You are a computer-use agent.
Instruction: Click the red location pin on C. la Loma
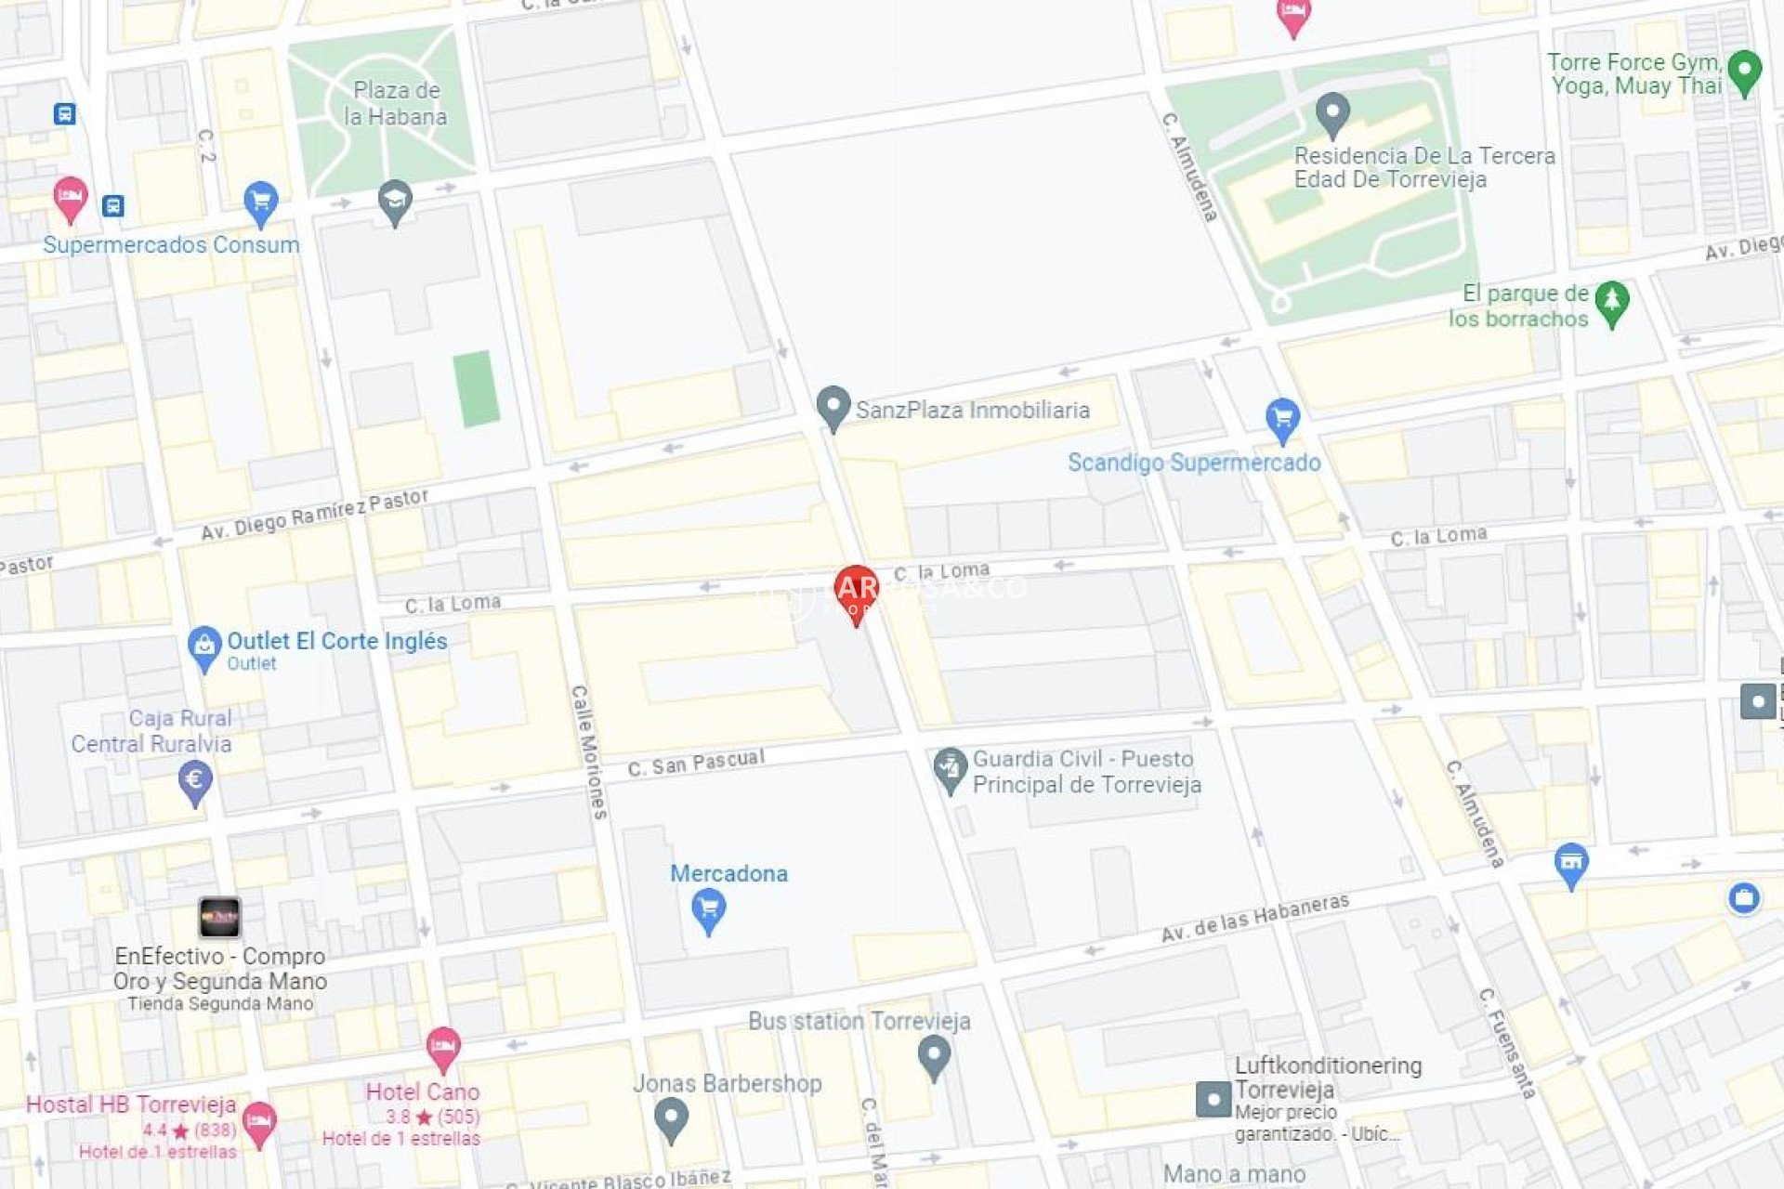click(x=856, y=591)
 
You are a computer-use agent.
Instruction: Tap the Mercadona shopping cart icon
click(x=708, y=908)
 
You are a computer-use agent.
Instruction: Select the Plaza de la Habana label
click(x=396, y=103)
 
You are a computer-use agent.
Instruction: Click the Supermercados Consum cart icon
click(x=261, y=202)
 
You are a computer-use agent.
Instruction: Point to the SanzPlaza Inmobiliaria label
click(x=972, y=410)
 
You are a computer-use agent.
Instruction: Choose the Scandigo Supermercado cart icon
click(x=1282, y=418)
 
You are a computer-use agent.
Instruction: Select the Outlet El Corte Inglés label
click(x=336, y=641)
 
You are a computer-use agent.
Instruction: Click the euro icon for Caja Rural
click(x=195, y=780)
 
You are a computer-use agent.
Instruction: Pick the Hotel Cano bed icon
click(x=443, y=1048)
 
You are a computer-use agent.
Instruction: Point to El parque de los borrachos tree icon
click(x=1612, y=302)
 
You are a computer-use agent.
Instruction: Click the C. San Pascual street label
click(x=696, y=763)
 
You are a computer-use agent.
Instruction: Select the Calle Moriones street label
click(x=588, y=751)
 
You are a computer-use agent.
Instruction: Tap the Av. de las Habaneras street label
click(x=1254, y=919)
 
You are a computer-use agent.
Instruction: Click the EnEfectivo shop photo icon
click(x=220, y=917)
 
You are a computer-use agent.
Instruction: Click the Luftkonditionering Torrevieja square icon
click(x=1213, y=1099)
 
